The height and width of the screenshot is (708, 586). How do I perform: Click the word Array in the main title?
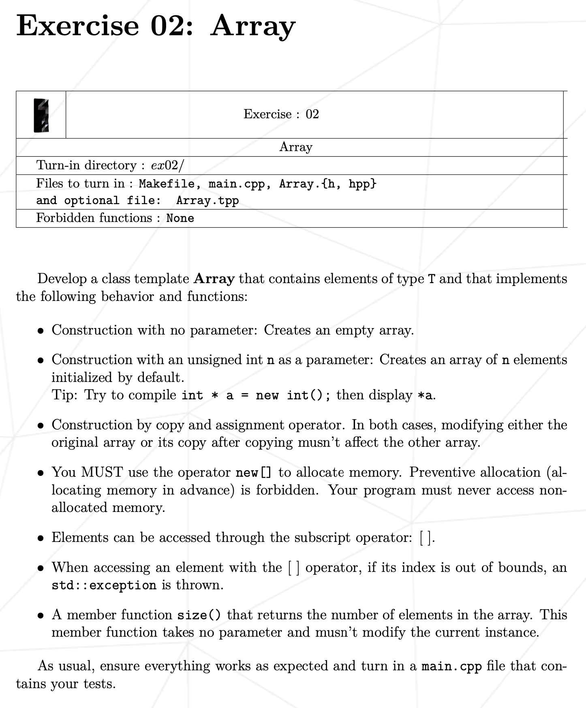click(253, 26)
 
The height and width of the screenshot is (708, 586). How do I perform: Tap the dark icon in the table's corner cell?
click(41, 115)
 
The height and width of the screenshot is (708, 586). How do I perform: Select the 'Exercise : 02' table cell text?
click(281, 114)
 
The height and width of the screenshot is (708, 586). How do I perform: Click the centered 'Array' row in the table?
click(295, 147)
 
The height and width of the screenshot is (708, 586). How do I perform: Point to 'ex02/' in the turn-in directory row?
click(167, 165)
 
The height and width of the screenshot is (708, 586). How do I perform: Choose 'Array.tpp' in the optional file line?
click(207, 201)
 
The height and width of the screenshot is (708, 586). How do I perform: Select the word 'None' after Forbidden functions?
click(180, 218)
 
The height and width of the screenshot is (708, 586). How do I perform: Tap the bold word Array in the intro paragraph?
click(214, 279)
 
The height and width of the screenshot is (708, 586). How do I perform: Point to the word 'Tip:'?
click(65, 395)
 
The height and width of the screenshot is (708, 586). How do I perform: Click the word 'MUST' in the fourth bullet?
click(102, 472)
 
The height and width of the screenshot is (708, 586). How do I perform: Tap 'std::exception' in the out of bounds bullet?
click(104, 585)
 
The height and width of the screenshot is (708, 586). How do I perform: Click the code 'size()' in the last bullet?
click(199, 615)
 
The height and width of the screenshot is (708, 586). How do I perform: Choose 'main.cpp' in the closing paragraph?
click(452, 666)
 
